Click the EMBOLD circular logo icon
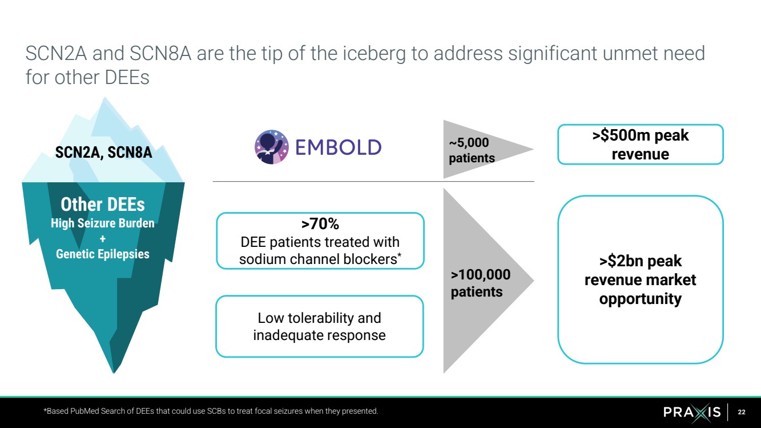[272, 147]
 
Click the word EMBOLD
[339, 147]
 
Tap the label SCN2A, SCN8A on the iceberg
[104, 153]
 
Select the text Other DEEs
[103, 205]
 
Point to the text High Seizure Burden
[103, 223]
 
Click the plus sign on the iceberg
[103, 239]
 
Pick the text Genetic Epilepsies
[103, 254]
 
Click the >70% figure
[320, 223]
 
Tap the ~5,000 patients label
[472, 150]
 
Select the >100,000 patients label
[480, 283]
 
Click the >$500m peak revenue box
[641, 145]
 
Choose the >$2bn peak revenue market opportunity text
[641, 280]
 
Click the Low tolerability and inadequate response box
[320, 326]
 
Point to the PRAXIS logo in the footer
[692, 412]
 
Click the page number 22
[742, 412]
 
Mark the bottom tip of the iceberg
[114, 373]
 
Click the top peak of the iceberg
[104, 98]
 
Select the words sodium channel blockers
[318, 259]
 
